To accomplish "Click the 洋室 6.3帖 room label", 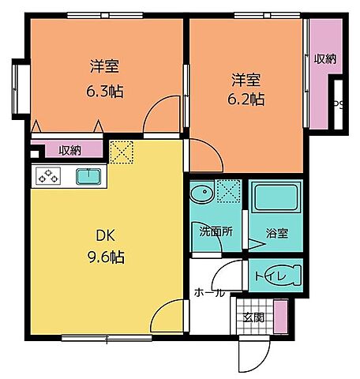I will pos(99,77).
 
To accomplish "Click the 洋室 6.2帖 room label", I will pos(247,89).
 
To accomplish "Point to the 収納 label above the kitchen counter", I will pos(69,150).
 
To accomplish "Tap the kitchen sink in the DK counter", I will pos(88,176).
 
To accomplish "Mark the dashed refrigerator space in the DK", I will pos(122,152).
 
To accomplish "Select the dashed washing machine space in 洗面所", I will pos(228,191).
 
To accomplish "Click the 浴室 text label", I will pos(276,235).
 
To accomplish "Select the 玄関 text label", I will pos(253,318).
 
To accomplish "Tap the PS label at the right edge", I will pos(339,103).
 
